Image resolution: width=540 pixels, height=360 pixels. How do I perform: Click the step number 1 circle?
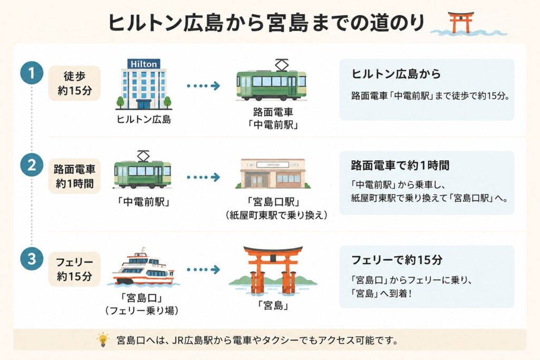tap(32, 73)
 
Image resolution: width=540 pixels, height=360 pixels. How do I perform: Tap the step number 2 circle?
tap(32, 165)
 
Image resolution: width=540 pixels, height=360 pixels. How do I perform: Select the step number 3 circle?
tap(32, 258)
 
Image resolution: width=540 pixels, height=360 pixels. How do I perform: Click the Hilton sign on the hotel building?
tap(143, 64)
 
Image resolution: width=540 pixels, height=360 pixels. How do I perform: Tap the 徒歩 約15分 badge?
tap(74, 83)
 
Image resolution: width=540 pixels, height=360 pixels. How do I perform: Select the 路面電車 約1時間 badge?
tap(74, 176)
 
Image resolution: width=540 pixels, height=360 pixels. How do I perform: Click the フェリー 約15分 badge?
tap(74, 269)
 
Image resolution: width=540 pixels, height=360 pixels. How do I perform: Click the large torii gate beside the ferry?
tap(273, 270)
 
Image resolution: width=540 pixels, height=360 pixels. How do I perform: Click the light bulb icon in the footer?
tap(103, 339)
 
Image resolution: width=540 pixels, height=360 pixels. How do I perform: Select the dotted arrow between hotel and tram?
tap(204, 86)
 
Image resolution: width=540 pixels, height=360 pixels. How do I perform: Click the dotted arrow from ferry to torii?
tap(204, 269)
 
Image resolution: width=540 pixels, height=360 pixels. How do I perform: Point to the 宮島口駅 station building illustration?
tap(273, 173)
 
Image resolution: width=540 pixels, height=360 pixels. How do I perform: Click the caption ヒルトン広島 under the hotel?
tap(143, 120)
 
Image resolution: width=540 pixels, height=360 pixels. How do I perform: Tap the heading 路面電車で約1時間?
tap(400, 165)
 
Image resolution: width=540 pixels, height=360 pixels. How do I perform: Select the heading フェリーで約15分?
tap(397, 259)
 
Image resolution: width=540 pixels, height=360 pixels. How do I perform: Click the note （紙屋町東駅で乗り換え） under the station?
tap(276, 215)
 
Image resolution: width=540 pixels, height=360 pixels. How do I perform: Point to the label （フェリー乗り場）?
tap(142, 310)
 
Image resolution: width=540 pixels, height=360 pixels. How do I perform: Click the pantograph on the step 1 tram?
tap(282, 65)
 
